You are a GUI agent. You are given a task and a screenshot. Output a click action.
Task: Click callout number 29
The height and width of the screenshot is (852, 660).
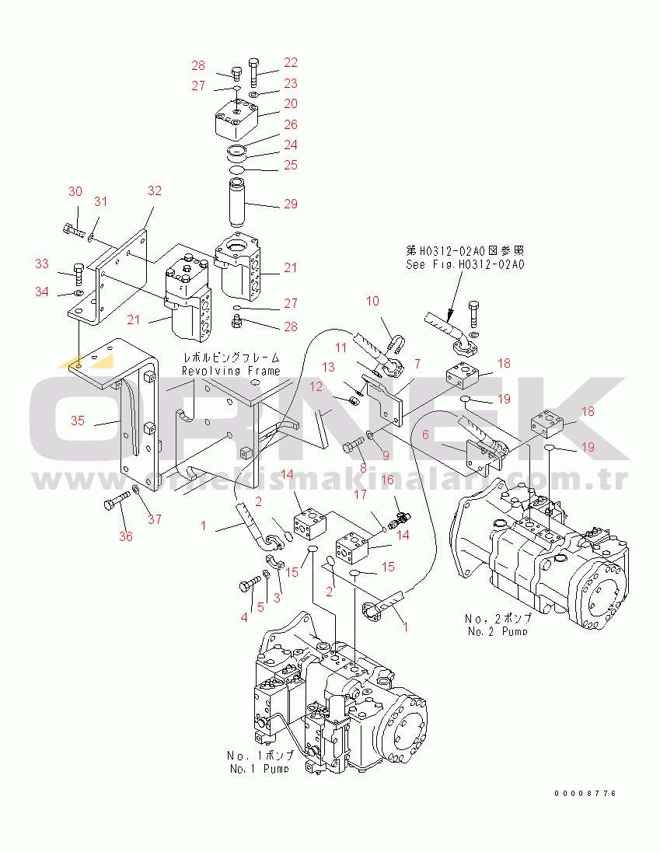pos(290,204)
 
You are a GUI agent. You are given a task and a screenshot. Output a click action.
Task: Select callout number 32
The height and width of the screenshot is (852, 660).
pos(155,190)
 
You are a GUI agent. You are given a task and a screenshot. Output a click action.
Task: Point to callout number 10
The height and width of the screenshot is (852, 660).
pos(372,301)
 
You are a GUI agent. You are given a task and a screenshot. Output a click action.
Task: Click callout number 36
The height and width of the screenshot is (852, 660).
pos(125,536)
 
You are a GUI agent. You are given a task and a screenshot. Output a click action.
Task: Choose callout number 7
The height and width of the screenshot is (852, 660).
pos(417,363)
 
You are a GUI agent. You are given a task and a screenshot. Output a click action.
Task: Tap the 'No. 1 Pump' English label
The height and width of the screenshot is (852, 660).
pos(259,769)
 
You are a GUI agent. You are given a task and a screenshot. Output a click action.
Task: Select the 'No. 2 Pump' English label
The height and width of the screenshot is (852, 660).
pos(498,630)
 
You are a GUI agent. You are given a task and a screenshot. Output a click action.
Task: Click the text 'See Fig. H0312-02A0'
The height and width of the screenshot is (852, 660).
pos(465,264)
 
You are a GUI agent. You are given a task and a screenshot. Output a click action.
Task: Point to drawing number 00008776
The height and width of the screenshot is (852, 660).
pos(585,794)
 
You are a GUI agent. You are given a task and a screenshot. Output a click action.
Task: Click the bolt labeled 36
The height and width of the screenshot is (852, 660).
pos(115,502)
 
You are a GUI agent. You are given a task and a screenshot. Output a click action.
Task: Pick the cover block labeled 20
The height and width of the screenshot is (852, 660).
pos(236,117)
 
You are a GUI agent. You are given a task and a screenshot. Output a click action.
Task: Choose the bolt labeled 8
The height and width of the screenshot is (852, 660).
pos(353,446)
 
